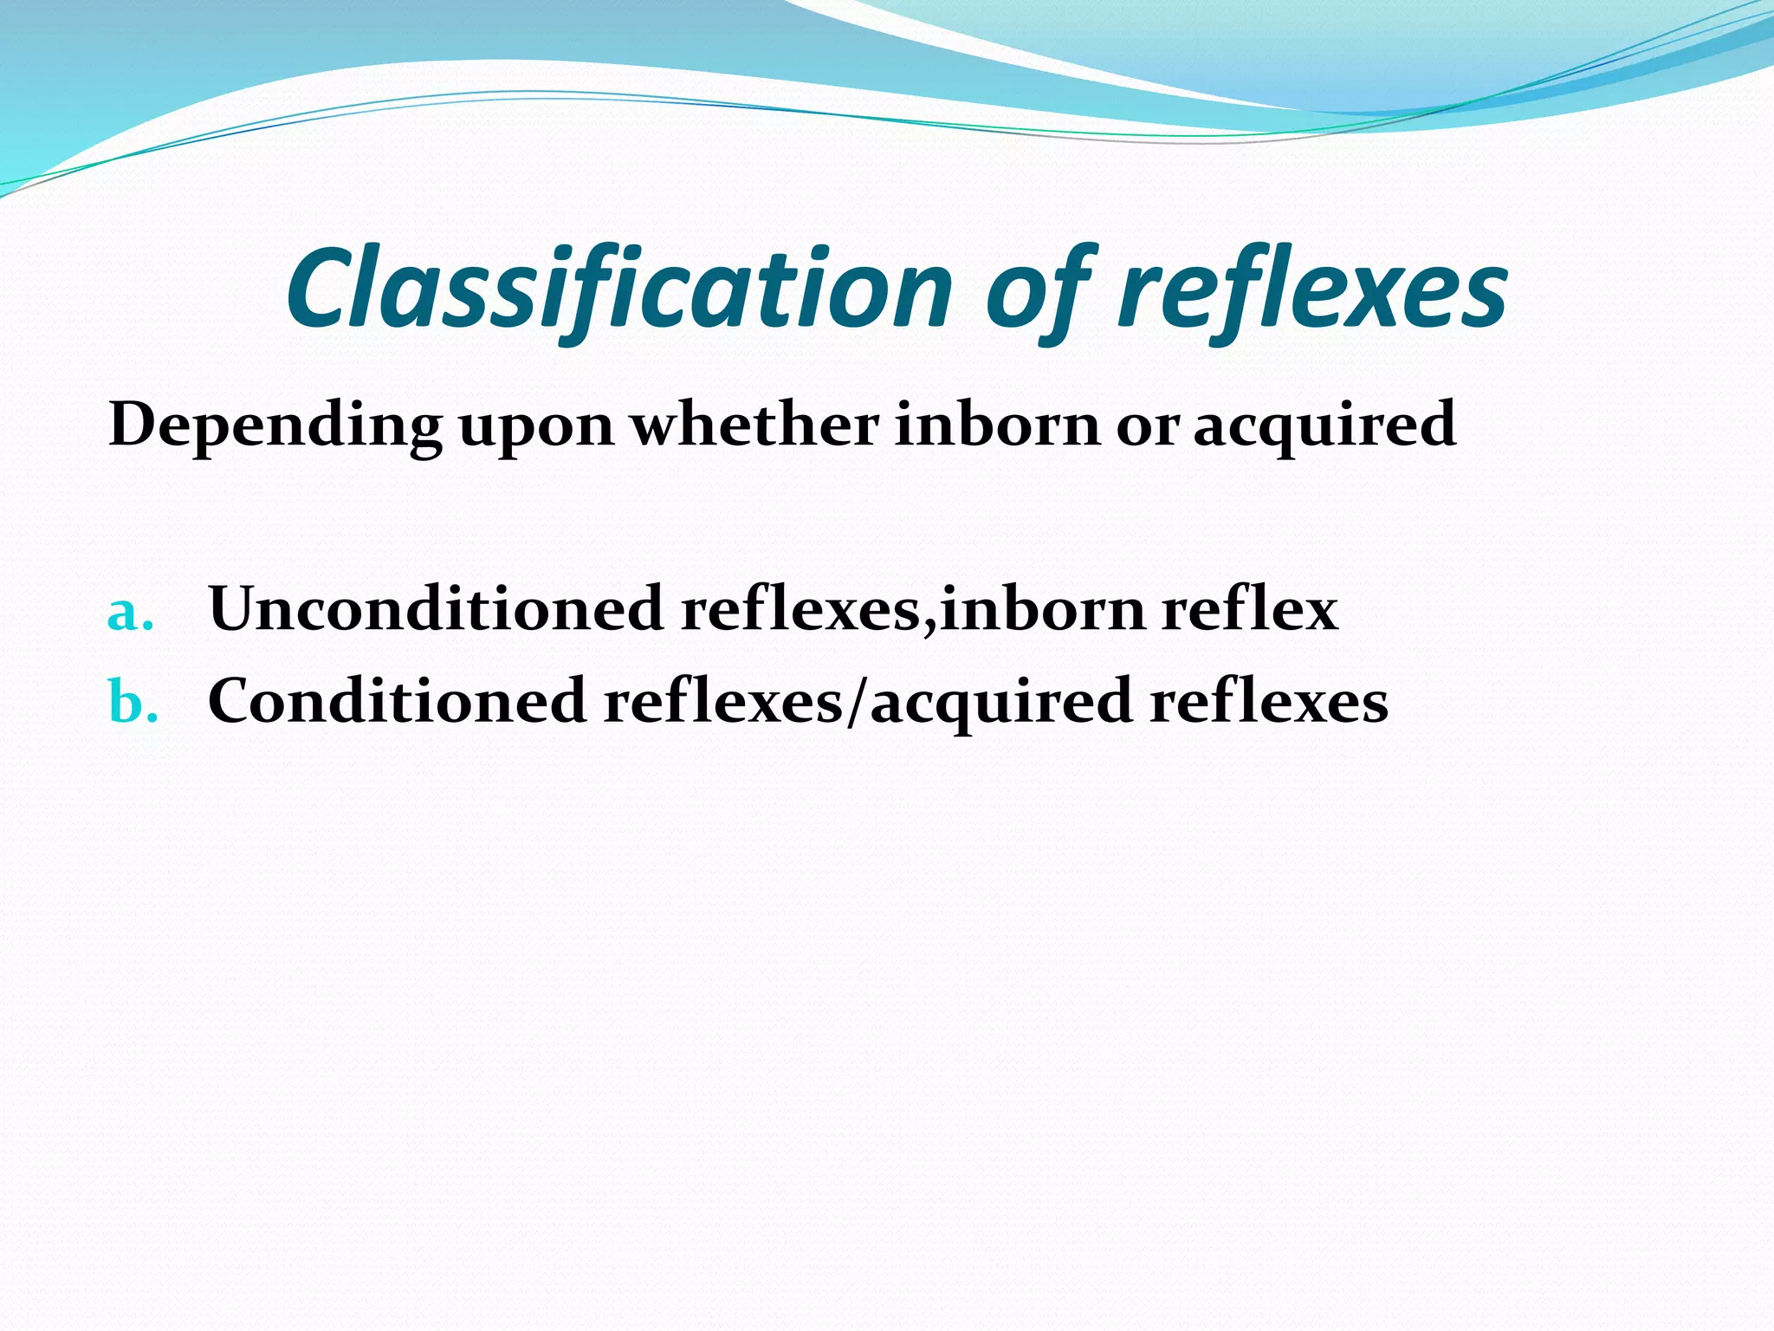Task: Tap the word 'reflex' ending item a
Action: [x=1249, y=608]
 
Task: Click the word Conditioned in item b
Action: [x=398, y=700]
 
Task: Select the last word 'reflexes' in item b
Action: [x=1268, y=701]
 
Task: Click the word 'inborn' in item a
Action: [x=1043, y=608]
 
